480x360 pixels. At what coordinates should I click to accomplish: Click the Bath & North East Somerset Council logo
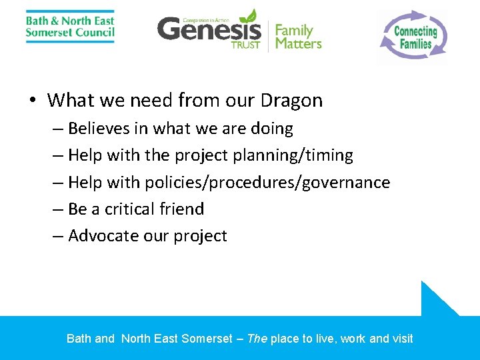coord(70,27)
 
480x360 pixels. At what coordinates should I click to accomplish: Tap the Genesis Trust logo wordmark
coord(209,30)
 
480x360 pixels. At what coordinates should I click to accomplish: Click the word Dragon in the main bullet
coord(292,101)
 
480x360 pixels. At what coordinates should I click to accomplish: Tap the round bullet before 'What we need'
coord(32,101)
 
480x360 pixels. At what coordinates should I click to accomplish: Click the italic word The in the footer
coord(257,339)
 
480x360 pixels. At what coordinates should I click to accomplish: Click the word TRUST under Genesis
coord(245,45)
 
